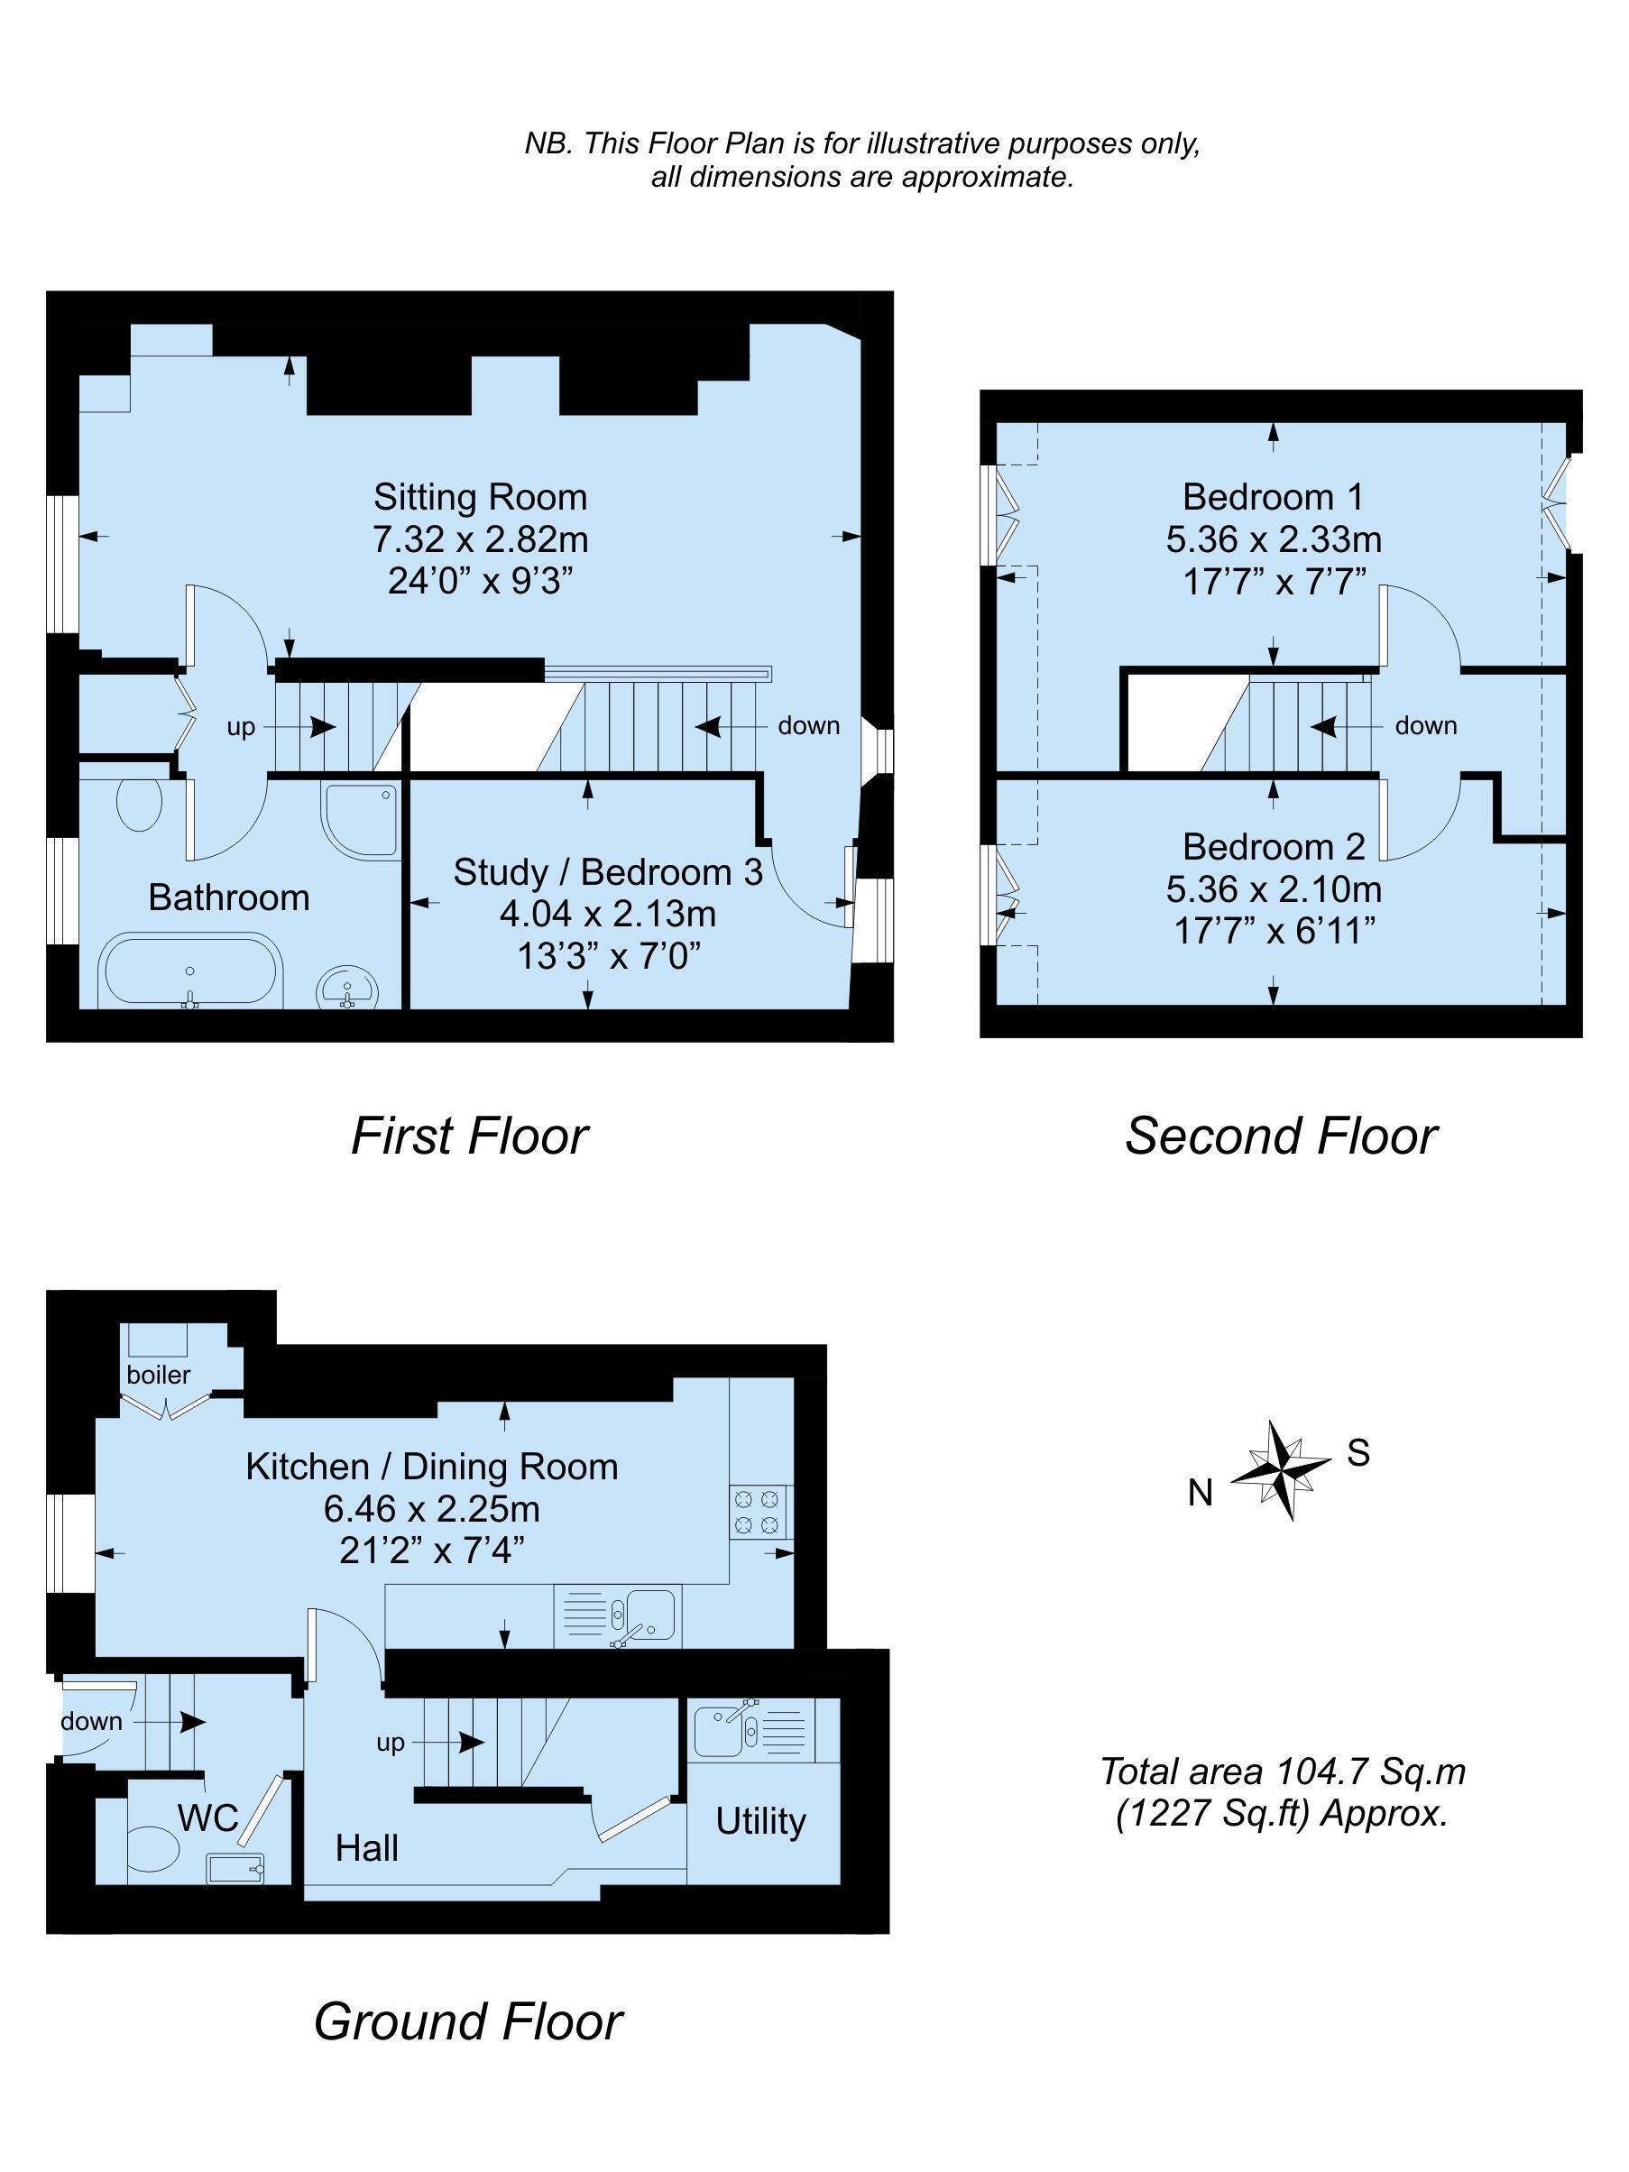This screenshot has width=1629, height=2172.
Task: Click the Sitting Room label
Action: (480, 497)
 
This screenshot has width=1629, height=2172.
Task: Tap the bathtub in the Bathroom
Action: (190, 972)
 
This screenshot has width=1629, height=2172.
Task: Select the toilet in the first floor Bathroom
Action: (138, 805)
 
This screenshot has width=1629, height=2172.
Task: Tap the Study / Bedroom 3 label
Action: (608, 872)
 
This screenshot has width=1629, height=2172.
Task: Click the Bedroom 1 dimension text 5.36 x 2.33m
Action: (1274, 539)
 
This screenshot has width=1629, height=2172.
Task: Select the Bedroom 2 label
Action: (1274, 846)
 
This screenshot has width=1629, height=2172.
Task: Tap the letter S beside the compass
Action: (1358, 1452)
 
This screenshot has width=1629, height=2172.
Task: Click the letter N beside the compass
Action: (1200, 1494)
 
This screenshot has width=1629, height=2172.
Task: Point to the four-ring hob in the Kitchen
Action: (759, 1512)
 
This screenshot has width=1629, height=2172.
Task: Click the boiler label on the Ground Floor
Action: (158, 1375)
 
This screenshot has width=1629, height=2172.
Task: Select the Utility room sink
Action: (753, 1730)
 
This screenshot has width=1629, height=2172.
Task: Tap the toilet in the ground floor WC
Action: (152, 1851)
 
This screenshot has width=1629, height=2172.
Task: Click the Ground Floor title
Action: (467, 2021)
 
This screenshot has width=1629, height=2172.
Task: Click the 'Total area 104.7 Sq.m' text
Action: (1283, 1772)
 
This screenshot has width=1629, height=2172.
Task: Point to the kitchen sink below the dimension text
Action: (618, 1617)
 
